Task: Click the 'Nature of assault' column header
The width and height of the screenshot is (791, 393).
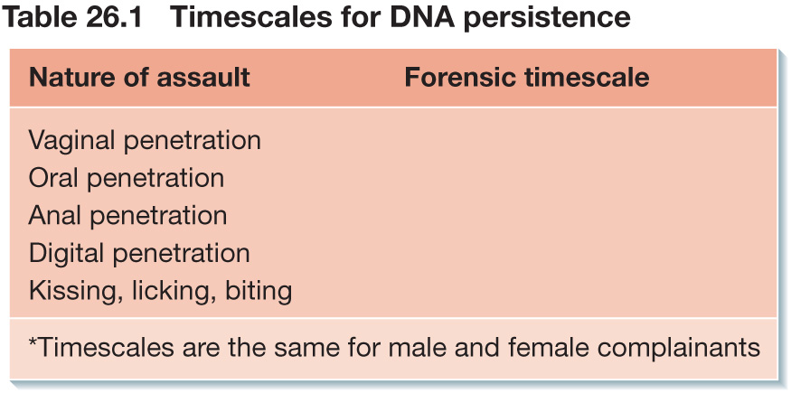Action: click(139, 78)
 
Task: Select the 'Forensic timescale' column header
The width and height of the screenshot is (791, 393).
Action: click(527, 78)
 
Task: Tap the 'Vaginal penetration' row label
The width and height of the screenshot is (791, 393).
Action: click(145, 141)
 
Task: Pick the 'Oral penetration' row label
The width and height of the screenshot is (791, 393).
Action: click(127, 178)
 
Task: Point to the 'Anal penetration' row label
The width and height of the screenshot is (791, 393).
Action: click(127, 216)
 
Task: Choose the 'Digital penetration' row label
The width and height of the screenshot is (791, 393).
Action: click(139, 254)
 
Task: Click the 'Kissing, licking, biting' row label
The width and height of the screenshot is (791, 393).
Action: click(160, 291)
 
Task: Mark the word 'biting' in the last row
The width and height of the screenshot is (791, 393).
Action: click(259, 291)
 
